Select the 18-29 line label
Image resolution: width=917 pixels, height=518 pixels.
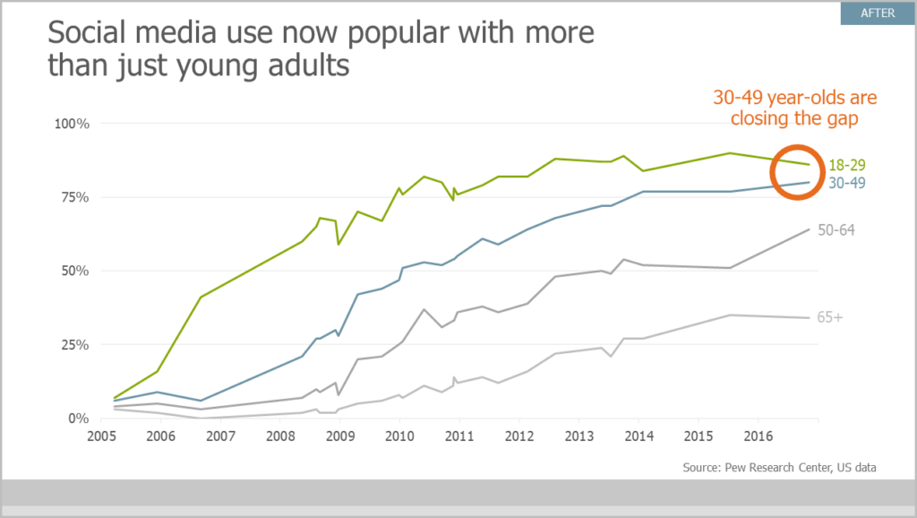847,165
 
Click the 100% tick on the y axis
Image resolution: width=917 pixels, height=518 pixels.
73,123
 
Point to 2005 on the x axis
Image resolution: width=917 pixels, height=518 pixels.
99,436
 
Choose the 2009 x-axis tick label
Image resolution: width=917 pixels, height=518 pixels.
339,436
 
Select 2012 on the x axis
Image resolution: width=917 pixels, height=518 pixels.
519,436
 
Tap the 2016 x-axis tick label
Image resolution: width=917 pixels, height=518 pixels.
759,436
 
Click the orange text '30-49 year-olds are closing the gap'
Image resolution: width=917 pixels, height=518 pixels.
794,108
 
